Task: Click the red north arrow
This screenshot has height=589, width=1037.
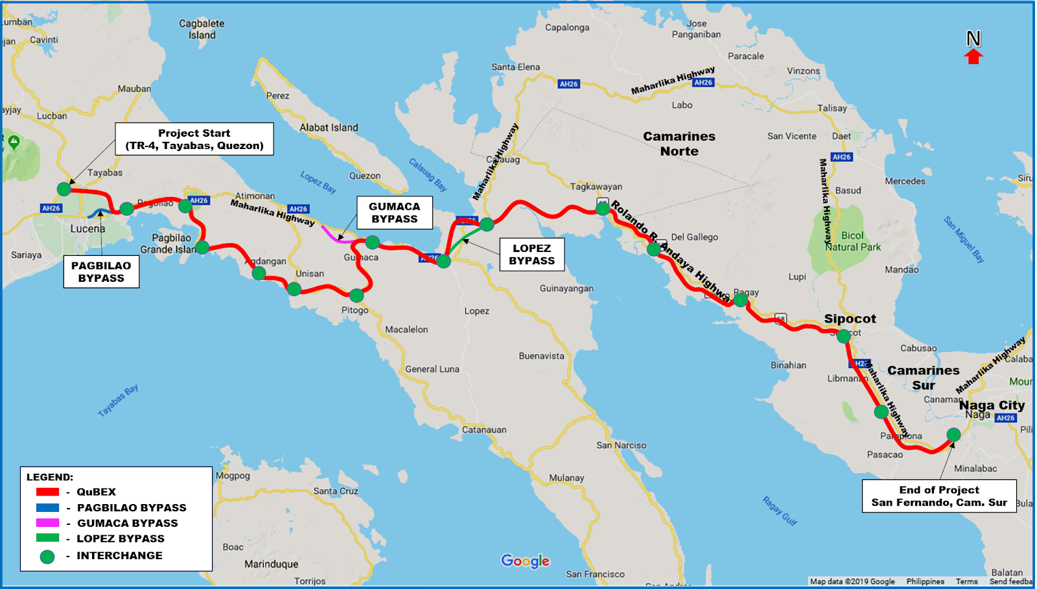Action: [x=973, y=56]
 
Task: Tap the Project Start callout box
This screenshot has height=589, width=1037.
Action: [x=194, y=139]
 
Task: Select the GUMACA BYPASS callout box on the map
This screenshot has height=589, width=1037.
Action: [x=394, y=213]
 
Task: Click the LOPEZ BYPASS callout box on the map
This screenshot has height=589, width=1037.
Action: [x=531, y=254]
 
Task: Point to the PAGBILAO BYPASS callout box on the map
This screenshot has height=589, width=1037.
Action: [x=101, y=271]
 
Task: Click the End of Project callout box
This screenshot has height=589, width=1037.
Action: [x=938, y=496]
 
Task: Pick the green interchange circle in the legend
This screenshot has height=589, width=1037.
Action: [x=47, y=556]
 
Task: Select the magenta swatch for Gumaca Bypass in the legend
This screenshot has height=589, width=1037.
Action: [x=47, y=523]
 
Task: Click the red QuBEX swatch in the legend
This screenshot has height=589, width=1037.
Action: [x=47, y=492]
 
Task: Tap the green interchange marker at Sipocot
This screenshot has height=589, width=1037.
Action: [x=843, y=336]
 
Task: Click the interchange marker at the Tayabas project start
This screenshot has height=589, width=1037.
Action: [x=64, y=189]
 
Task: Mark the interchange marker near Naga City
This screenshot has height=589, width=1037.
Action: [x=953, y=434]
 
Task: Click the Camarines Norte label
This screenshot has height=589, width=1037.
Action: [x=679, y=144]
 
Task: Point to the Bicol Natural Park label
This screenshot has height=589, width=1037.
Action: [x=852, y=241]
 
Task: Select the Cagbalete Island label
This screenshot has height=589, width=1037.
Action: [x=202, y=29]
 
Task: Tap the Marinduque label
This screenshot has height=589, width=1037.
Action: [x=271, y=564]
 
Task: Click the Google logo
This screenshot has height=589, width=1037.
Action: [x=525, y=561]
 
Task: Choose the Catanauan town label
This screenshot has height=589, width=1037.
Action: [x=484, y=430]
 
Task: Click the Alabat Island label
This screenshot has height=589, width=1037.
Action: [x=329, y=128]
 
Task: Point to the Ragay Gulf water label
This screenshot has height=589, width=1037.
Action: [x=779, y=511]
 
